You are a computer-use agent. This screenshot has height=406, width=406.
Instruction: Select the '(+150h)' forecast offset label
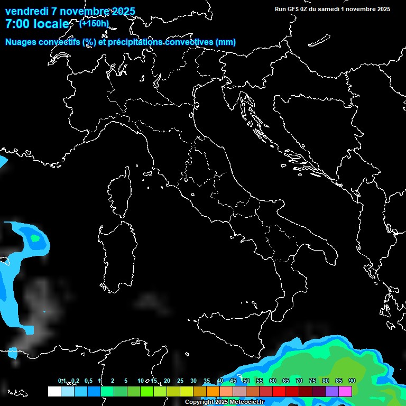[x=94, y=23]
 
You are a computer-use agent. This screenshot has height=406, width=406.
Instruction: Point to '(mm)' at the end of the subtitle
[x=225, y=42]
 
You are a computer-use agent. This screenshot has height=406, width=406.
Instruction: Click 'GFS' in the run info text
[x=293, y=9]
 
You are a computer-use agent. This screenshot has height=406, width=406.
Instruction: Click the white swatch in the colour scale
[x=54, y=391]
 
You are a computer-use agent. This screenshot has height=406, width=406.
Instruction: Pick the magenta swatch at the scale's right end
[x=345, y=391]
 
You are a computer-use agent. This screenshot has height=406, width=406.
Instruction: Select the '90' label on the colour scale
[x=352, y=381]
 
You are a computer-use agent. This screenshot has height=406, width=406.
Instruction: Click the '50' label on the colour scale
[x=246, y=381]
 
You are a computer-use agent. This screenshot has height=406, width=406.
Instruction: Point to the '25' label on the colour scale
[x=180, y=381]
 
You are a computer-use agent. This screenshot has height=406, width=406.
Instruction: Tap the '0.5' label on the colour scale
[x=88, y=381]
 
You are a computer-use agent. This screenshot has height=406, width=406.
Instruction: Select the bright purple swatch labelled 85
[x=332, y=391]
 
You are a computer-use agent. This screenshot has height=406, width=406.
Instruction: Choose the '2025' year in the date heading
[x=122, y=12]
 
